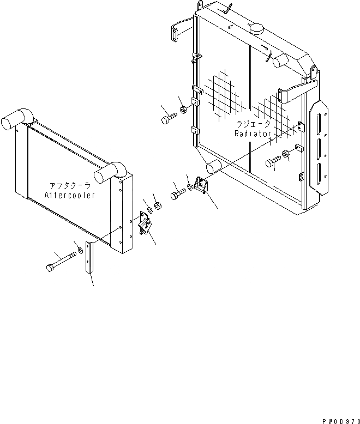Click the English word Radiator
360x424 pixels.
coord(253,134)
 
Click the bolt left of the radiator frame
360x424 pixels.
coord(168,118)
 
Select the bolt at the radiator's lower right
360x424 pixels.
coord(273,161)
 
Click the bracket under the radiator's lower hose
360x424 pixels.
coord(204,187)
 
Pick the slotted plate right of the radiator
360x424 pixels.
coord(318,144)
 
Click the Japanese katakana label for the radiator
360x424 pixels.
coord(253,125)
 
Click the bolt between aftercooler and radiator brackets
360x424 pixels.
coord(178,194)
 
